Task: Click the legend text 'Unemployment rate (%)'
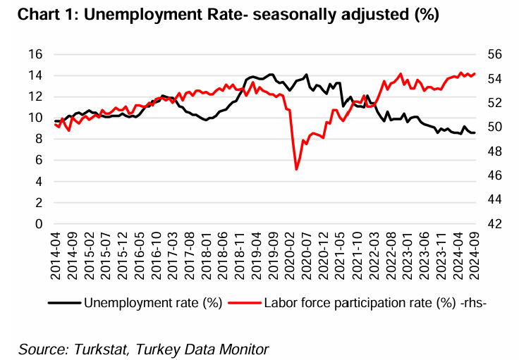[x=153, y=304]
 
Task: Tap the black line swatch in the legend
[x=64, y=304]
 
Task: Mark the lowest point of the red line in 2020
[x=297, y=169]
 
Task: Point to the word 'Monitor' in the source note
[x=243, y=349]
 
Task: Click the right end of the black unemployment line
[x=475, y=132]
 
